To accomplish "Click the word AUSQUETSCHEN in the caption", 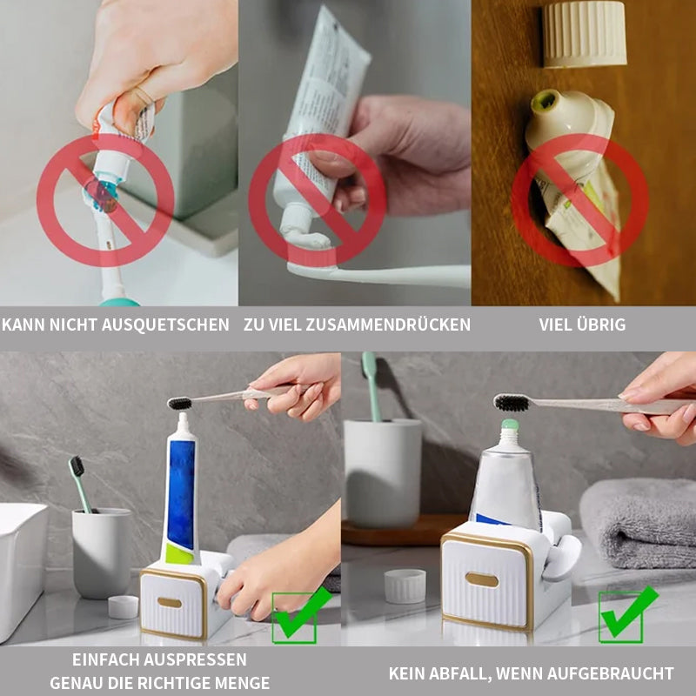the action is point(165,325).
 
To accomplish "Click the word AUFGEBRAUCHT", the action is point(611,673).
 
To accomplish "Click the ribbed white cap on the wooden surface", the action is point(584,34).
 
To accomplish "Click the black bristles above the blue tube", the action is point(180,404).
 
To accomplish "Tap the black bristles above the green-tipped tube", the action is point(512,403).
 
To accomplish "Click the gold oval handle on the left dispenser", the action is point(170,602).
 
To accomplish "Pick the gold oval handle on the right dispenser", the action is point(482,579).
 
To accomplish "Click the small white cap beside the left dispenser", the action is point(123,606).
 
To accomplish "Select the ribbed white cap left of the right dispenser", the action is point(405,586).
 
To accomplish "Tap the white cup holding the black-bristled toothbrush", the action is point(102,553).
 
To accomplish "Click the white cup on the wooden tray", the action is point(383,472).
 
